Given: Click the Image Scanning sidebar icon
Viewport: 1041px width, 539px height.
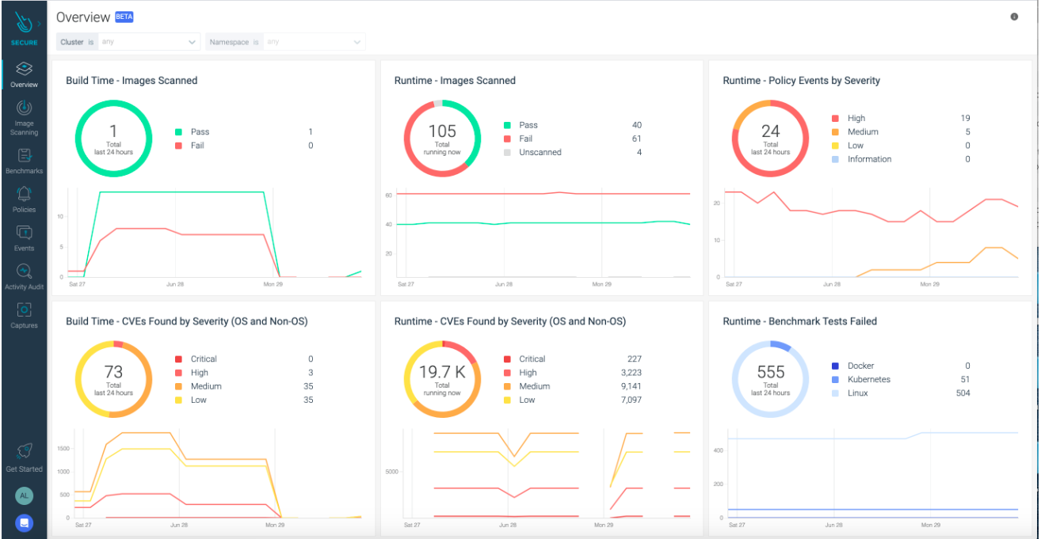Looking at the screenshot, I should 24,108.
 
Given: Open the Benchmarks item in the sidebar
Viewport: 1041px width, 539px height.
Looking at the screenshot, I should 24,156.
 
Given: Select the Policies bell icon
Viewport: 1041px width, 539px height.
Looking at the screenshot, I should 24,194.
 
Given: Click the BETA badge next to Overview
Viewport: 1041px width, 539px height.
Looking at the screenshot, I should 124,17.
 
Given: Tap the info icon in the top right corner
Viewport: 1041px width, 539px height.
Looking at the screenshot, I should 1014,17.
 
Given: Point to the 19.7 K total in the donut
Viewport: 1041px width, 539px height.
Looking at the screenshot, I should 442,373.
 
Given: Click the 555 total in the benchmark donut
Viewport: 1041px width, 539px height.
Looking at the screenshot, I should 770,373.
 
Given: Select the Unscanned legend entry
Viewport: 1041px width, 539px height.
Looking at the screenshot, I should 540,152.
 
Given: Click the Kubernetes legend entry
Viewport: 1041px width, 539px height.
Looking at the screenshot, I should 868,379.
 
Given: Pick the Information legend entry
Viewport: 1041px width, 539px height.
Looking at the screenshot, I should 869,159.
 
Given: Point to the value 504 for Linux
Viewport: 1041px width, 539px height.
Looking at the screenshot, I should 962,393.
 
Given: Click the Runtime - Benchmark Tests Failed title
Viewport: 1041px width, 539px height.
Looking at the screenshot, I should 799,321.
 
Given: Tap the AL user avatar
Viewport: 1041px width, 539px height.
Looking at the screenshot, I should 24,495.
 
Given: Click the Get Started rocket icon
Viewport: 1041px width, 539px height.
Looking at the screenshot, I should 24,451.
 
